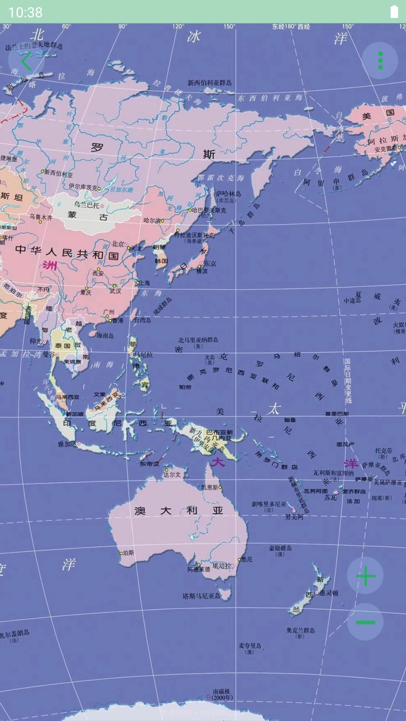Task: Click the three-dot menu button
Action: coord(380,60)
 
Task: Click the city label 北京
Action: coord(118,244)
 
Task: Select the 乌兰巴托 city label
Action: coord(86,205)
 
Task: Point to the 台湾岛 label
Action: coord(142,320)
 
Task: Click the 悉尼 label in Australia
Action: coord(247,559)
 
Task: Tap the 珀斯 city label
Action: coord(128,553)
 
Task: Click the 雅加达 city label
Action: coord(67,444)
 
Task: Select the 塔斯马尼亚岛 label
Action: coord(201,596)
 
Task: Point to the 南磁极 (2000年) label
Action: coord(221,694)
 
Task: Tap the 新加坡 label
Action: coord(75,414)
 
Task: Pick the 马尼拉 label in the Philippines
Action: coord(143,354)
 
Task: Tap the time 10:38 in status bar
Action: coord(25,12)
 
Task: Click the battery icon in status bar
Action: coord(394,12)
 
